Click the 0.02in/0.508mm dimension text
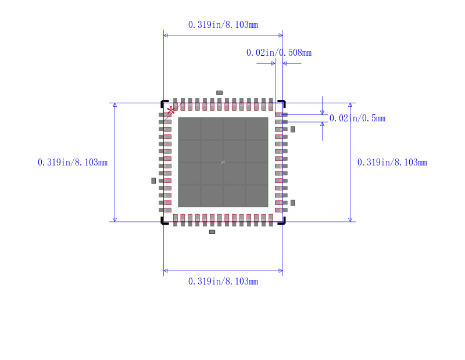point(278,53)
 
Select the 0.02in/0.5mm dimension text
point(357,118)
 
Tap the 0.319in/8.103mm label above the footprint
point(223,25)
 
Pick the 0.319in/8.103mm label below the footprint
point(223,281)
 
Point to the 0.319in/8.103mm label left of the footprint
point(73,163)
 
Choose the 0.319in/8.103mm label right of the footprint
point(392,163)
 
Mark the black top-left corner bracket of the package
point(163,103)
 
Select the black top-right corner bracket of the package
point(282,103)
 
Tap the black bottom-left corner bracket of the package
point(163,222)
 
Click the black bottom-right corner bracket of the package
point(282,222)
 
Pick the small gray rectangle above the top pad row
point(219,93)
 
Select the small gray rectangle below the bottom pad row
point(212,232)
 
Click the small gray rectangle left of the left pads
point(153,181)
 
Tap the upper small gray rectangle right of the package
point(292,129)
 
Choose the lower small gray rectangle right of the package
point(292,202)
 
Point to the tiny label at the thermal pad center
point(223,163)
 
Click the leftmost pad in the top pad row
point(176,105)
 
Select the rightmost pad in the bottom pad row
point(271,219)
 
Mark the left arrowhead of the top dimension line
point(166,35)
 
